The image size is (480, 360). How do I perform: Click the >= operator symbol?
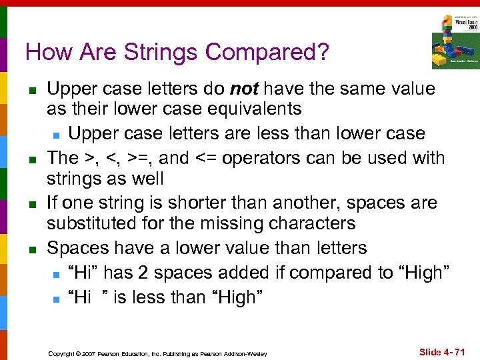(x=144, y=159)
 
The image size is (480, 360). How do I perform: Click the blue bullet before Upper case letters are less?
(x=57, y=134)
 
